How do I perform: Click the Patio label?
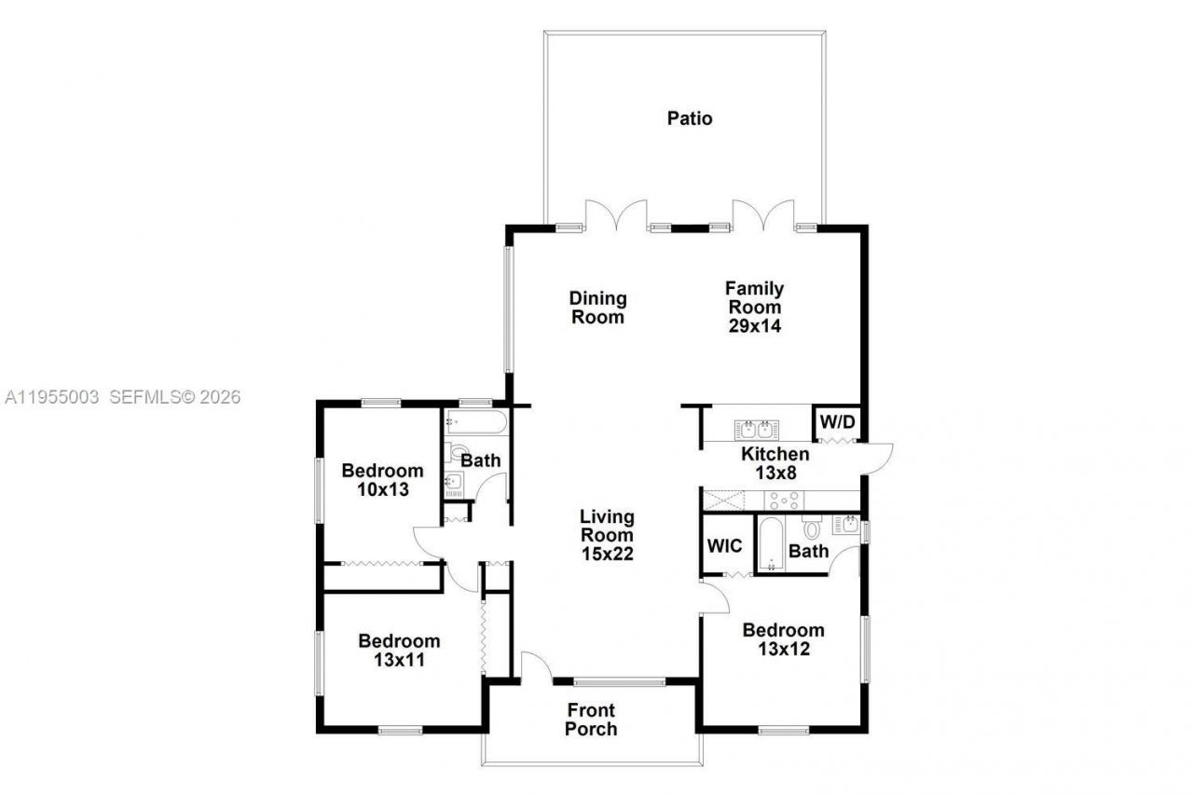click(690, 118)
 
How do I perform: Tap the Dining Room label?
click(598, 308)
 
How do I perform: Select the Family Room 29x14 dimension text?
click(754, 326)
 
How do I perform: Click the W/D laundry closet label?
click(835, 420)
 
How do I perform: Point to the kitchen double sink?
click(755, 430)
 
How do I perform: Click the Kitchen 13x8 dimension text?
click(775, 473)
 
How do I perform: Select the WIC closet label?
click(725, 545)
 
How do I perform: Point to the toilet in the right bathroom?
click(811, 529)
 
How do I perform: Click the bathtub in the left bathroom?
click(475, 422)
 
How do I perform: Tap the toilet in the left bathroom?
click(456, 454)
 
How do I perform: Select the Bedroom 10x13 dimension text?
click(381, 488)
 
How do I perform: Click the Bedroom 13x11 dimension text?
click(399, 659)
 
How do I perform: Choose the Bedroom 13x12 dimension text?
click(783, 649)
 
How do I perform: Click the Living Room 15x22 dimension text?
click(607, 553)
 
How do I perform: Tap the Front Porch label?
click(591, 720)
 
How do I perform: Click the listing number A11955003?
click(51, 397)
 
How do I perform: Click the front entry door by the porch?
click(534, 667)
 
